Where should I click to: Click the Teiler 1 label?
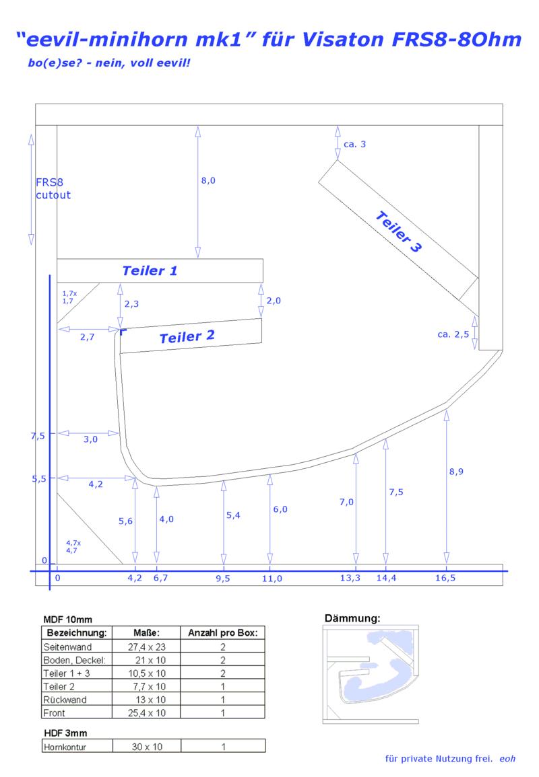tap(150, 270)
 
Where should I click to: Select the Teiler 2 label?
tap(187, 336)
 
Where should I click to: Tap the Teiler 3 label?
tap(399, 231)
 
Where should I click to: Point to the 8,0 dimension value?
tap(208, 180)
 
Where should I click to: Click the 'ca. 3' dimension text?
tap(355, 144)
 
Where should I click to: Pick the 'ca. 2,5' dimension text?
tap(453, 334)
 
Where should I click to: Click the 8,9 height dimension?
tap(456, 472)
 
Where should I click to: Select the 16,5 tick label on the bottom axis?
tap(445, 578)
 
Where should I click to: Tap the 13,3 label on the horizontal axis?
tap(350, 578)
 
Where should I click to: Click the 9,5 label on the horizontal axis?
tap(223, 579)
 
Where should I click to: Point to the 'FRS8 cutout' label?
tap(53, 189)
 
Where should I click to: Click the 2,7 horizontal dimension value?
tap(88, 337)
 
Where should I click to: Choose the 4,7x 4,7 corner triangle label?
tap(73, 546)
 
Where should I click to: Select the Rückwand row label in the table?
tap(65, 700)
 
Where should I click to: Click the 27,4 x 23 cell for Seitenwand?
tap(146, 646)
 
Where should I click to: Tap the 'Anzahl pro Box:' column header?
tap(223, 633)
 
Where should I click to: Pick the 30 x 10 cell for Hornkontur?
tap(147, 747)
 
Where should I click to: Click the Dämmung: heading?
tap(352, 618)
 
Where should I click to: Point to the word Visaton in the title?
tap(342, 39)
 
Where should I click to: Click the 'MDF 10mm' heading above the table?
tap(67, 620)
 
